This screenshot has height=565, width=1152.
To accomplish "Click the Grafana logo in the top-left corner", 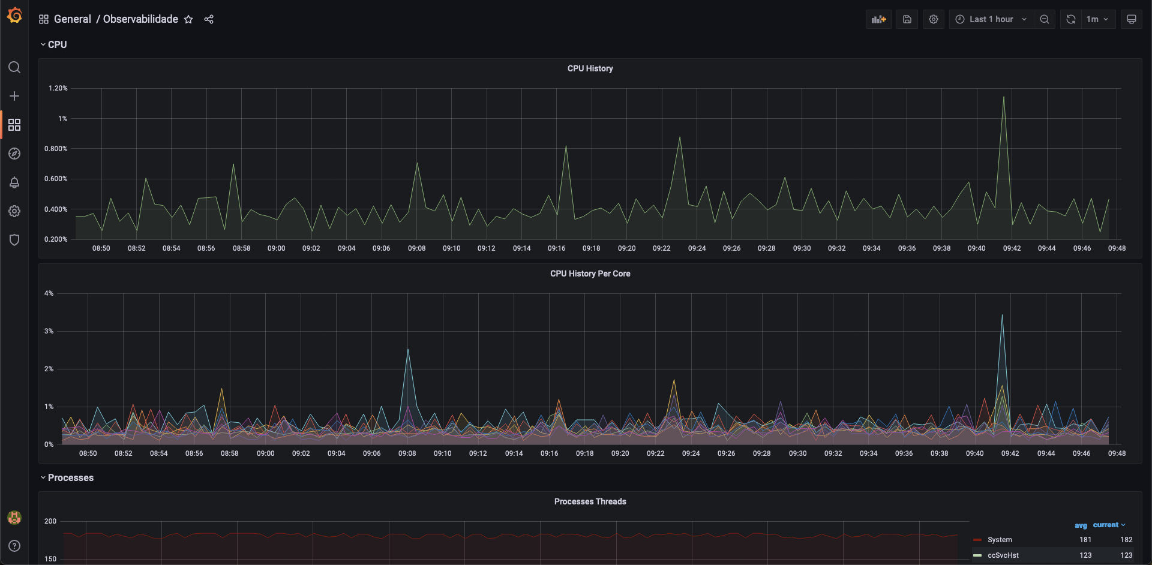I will (14, 16).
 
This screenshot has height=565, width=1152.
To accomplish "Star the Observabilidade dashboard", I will (188, 19).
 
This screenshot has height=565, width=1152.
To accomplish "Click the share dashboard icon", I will (209, 19).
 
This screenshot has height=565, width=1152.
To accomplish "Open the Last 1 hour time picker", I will (991, 19).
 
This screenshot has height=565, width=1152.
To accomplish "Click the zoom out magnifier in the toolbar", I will (1045, 19).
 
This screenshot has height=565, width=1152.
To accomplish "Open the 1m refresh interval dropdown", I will (1097, 19).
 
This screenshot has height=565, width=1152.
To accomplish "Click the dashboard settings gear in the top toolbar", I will (934, 19).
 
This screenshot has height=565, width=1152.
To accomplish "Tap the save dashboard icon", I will (907, 19).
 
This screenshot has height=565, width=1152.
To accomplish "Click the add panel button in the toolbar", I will (879, 19).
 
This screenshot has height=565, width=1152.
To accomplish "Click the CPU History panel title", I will (590, 68).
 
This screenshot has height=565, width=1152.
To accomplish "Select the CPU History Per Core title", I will (590, 274).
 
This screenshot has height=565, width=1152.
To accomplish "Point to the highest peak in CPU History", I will (1004, 97).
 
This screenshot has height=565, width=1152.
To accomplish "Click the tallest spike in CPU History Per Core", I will (1002, 315).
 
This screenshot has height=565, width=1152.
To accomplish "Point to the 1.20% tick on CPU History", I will (58, 88).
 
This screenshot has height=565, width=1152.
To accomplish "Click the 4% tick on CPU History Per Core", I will (49, 293).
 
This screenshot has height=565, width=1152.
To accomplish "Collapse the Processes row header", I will (70, 477).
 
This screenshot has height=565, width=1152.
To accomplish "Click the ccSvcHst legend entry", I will (1003, 555).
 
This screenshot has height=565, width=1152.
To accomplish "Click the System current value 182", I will (1126, 540).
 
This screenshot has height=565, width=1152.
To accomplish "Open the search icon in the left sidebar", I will (14, 67).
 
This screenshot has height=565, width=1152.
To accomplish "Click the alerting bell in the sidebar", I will (14, 182).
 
